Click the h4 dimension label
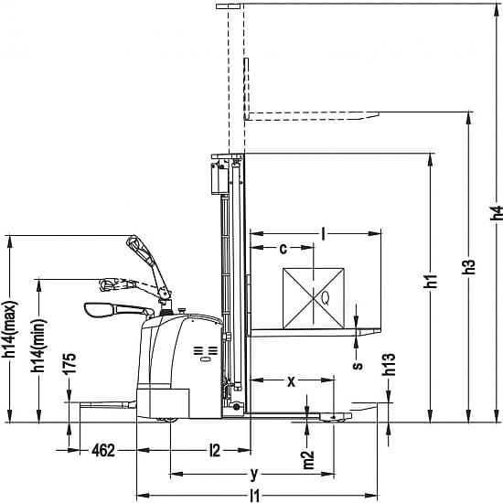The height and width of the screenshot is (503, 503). coord(497,213)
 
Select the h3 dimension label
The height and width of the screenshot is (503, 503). coord(468,266)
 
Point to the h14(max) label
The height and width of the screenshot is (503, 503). coord(10,329)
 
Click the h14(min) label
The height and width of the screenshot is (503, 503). coord(38,346)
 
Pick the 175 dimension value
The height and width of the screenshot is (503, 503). coord(69,363)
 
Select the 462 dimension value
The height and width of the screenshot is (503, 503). coord(103,451)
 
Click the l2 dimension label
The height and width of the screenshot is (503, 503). coord(215,451)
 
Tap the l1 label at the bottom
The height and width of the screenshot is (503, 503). coord(254,496)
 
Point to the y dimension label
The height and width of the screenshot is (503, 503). coord(253,474)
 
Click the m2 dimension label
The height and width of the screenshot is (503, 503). coord(308,460)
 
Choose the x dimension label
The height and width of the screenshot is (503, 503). coord(291,381)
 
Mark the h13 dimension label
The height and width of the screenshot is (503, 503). coord(388,364)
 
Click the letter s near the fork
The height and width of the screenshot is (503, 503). coord(358,366)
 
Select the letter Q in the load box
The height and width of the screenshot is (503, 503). coord(325,298)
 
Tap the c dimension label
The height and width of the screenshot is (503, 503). coord(283,249)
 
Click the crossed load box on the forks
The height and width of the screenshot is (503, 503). coord(314,299)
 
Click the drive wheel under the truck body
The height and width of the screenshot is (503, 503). coord(166,420)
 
